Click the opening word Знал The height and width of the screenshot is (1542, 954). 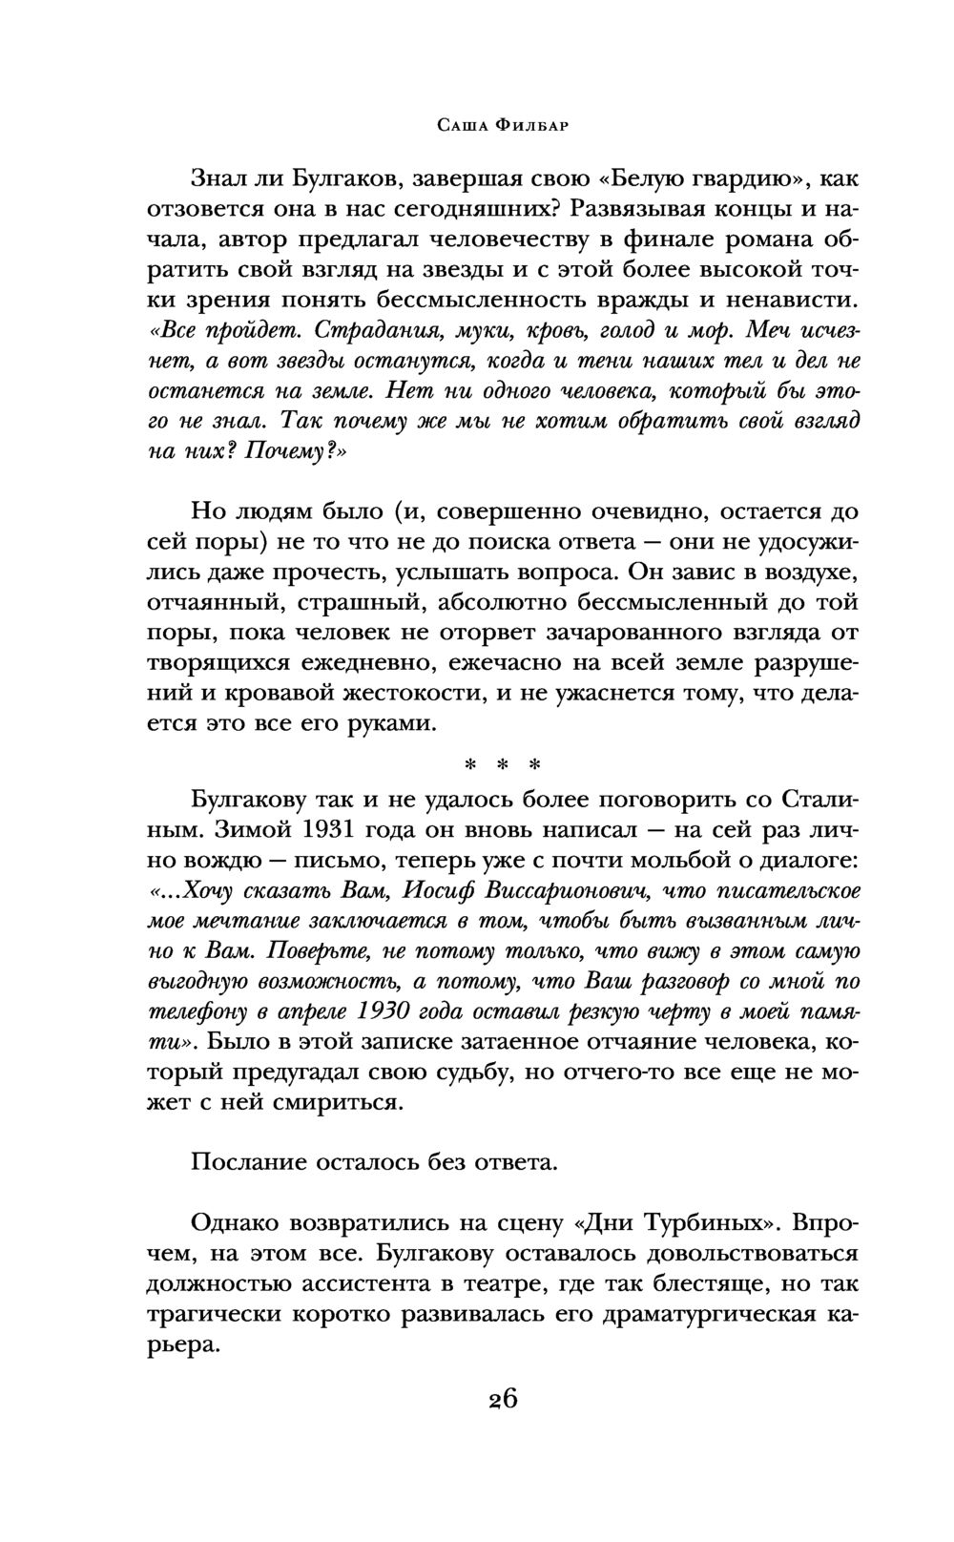click(x=218, y=178)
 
